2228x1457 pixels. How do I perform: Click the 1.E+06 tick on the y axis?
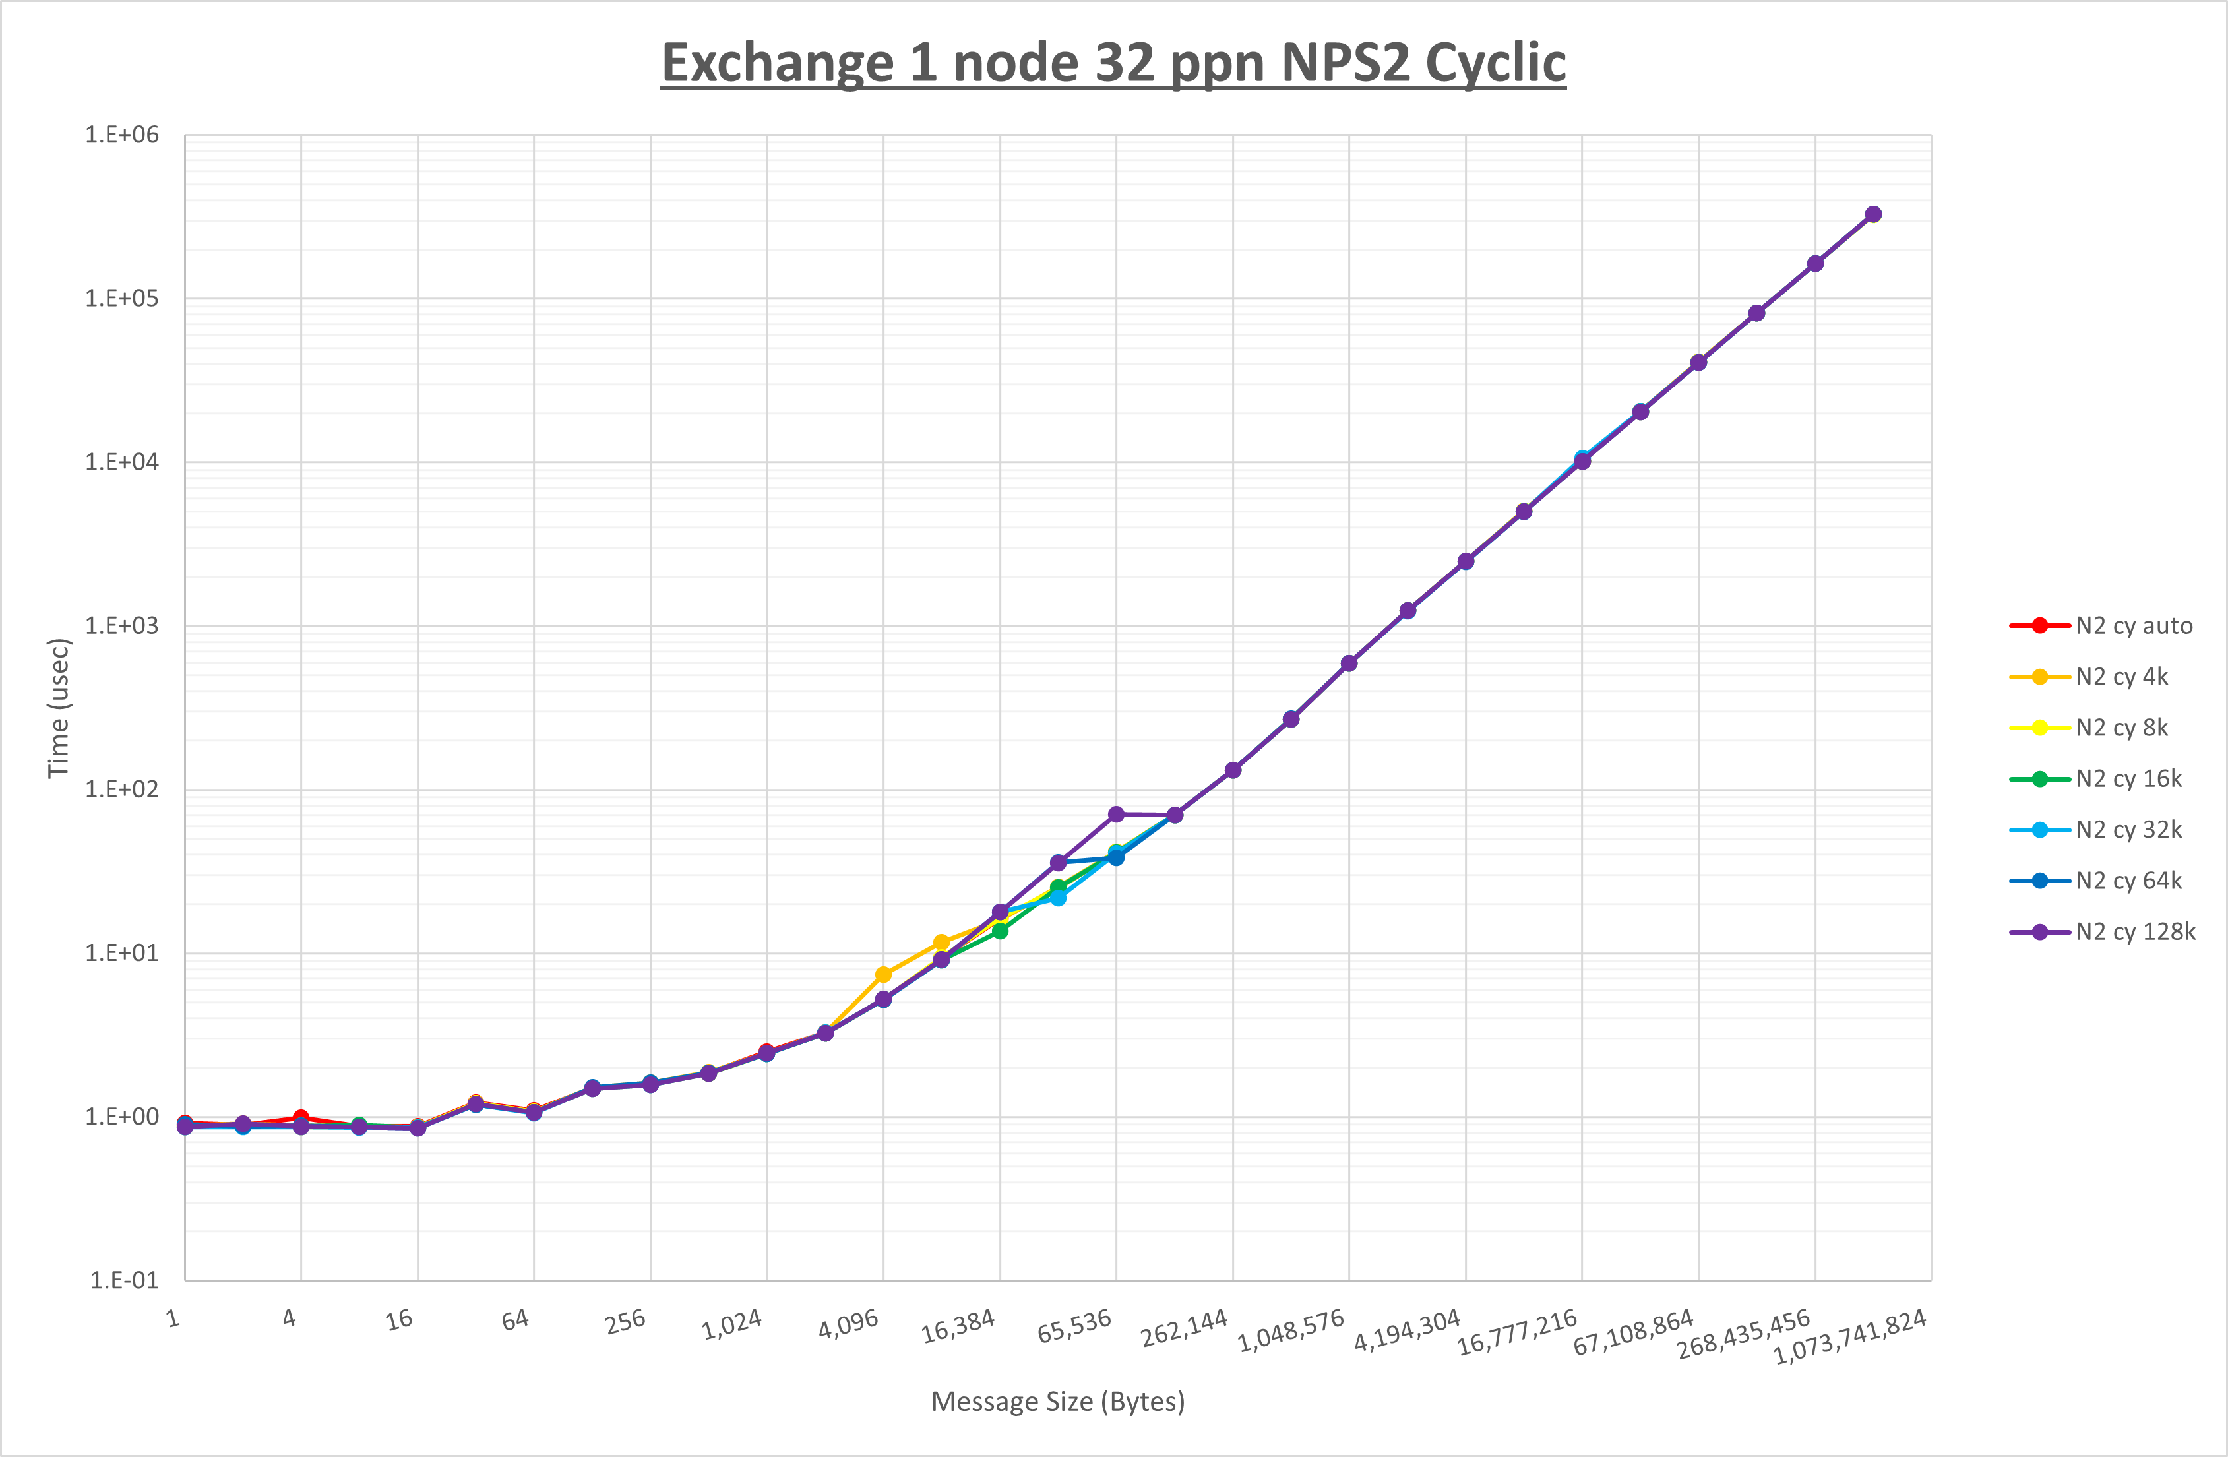(x=122, y=135)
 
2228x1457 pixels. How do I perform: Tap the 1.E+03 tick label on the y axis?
(x=122, y=625)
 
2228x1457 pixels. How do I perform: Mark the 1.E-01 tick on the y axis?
(x=123, y=1280)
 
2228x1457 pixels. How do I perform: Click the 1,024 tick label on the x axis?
(x=732, y=1324)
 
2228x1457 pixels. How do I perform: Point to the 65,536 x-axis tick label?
(x=1074, y=1326)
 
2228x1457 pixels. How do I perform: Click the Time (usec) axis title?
(x=58, y=708)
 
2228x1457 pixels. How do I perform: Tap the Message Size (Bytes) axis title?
(x=1058, y=1402)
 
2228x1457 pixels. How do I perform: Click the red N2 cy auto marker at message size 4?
(x=301, y=1118)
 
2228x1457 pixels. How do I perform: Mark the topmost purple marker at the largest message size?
(x=1873, y=214)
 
